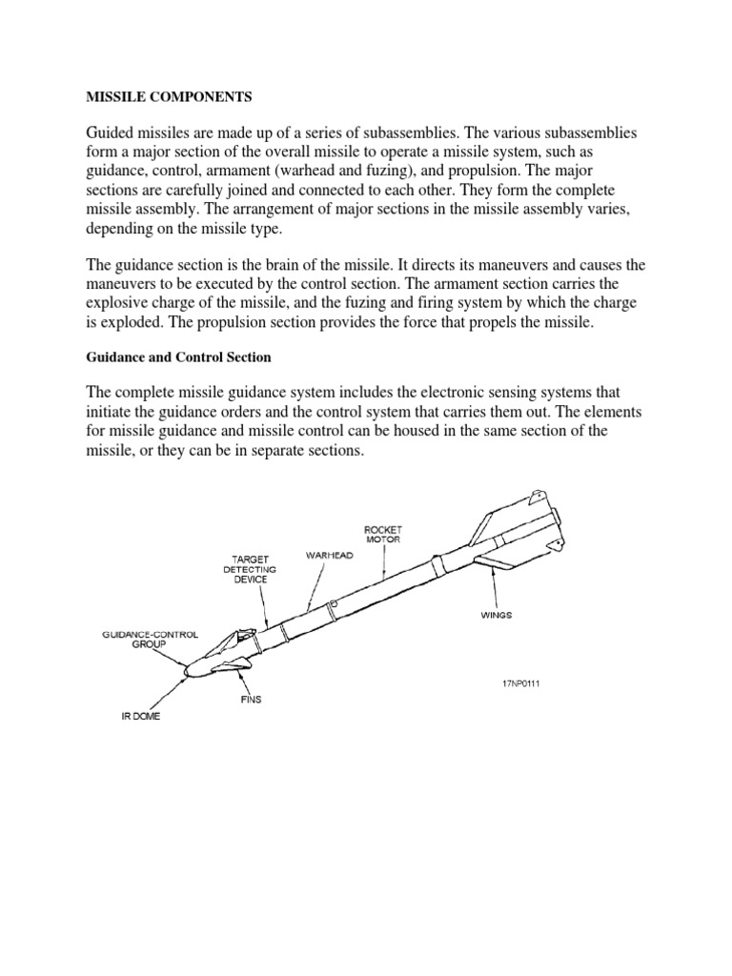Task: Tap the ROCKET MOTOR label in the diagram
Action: (382, 533)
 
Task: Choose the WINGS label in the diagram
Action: (496, 615)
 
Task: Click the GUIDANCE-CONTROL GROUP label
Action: (141, 638)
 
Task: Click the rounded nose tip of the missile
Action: (187, 673)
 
